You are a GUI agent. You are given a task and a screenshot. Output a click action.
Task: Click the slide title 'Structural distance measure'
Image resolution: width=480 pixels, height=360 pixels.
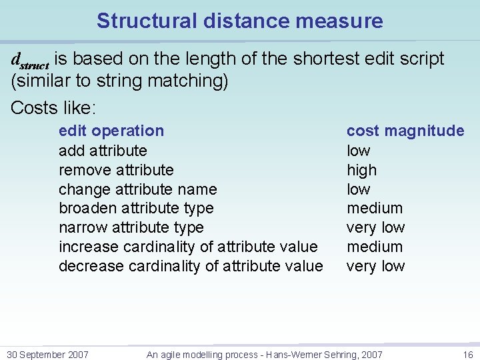point(239,21)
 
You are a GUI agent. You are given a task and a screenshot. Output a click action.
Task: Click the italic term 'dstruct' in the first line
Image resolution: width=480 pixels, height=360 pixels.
point(30,60)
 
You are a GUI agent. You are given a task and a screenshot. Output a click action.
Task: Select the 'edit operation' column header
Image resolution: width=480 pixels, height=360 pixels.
point(111,131)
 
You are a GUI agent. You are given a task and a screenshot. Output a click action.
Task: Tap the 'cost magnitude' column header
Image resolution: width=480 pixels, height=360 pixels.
point(405,131)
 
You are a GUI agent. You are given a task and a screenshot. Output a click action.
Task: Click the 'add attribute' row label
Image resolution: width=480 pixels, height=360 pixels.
point(103,151)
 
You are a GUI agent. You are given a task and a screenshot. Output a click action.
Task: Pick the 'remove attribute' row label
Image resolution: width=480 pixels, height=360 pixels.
point(116,170)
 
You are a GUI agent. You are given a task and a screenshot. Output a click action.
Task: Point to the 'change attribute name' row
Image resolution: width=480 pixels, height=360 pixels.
point(137,189)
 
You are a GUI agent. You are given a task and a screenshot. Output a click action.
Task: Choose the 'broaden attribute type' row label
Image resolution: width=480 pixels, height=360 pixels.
point(136,208)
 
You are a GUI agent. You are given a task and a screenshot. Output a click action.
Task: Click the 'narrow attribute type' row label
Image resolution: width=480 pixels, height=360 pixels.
point(131,227)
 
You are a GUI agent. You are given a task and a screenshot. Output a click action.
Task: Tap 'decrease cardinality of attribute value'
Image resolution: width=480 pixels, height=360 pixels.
point(191,266)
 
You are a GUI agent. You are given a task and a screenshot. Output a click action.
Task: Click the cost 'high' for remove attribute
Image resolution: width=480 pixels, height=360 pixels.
point(361,170)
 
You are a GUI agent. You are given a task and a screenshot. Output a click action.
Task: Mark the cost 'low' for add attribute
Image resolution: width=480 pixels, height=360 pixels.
point(358,151)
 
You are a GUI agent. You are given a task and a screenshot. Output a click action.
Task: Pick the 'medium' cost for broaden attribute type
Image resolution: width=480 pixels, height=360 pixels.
point(375,208)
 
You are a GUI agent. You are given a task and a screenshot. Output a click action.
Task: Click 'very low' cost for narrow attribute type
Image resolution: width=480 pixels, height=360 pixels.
point(375,227)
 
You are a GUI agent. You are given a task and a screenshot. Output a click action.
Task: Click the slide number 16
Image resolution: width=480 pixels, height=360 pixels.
point(467,355)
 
